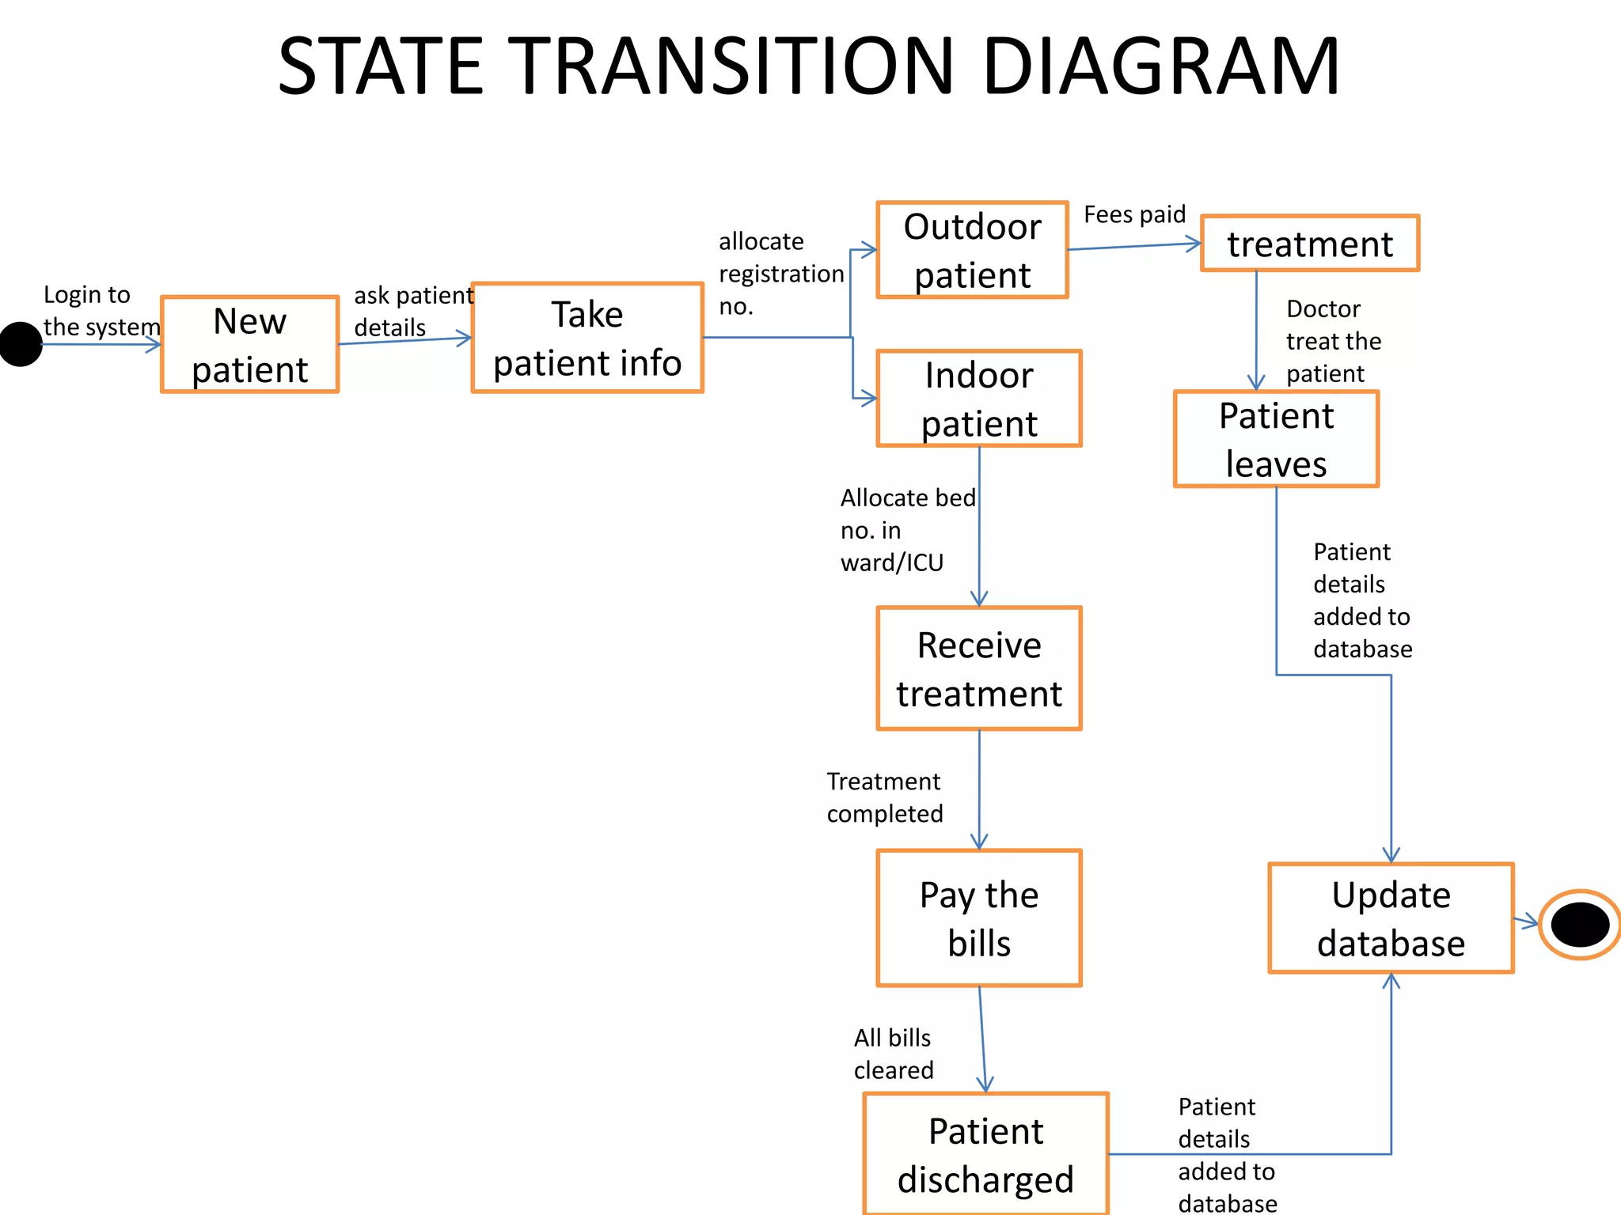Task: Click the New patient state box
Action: [249, 345]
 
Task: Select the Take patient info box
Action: [587, 338]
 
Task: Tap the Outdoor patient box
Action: [972, 250]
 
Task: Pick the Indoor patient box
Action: [978, 399]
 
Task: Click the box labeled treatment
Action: [1309, 244]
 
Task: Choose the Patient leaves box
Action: [1276, 439]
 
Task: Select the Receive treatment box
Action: [978, 668]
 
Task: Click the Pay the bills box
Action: [978, 918]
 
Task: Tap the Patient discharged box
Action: [985, 1154]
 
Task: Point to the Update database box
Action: [1391, 918]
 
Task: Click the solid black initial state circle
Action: [21, 345]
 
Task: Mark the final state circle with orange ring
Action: [1580, 924]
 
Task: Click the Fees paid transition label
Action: [1134, 214]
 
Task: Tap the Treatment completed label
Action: [884, 797]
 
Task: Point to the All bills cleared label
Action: [893, 1054]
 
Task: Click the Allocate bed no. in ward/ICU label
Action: [907, 530]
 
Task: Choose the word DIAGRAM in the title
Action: [1160, 66]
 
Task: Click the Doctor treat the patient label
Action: [1333, 341]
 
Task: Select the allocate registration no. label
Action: [780, 274]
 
